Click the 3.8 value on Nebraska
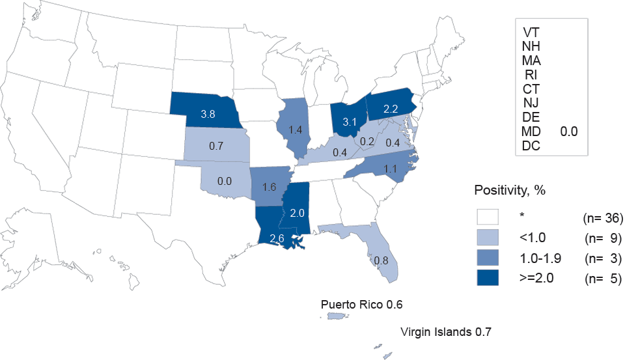208,113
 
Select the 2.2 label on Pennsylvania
390,110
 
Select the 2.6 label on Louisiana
276,238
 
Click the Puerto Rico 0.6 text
366,305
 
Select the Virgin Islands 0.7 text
445,332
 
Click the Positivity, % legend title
509,191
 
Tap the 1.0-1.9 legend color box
487,258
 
